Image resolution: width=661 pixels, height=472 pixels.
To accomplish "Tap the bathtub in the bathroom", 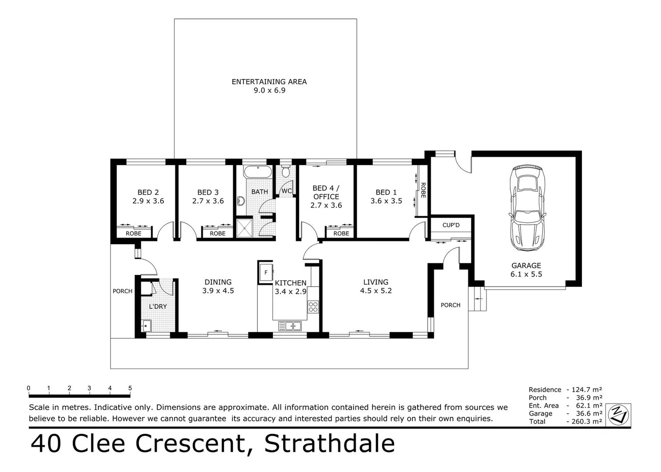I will coord(257,172).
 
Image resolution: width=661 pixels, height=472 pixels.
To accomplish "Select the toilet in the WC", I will coord(286,171).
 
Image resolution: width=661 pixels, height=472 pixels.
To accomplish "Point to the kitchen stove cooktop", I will coord(313,307).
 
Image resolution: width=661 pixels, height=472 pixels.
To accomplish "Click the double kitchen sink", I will coord(290,326).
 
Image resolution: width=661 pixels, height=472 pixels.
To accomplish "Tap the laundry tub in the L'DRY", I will coord(146,326).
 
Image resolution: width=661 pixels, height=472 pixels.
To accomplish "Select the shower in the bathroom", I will coord(245,228).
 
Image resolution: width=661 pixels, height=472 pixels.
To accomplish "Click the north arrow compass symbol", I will coord(619,414).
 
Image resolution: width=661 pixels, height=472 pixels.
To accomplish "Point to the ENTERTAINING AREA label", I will coord(269,82).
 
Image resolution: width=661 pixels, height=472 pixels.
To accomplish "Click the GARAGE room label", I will coord(526,265).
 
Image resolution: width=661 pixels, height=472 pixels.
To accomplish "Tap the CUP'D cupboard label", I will coord(451,225).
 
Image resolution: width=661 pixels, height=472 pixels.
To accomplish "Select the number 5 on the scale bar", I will coord(130,388).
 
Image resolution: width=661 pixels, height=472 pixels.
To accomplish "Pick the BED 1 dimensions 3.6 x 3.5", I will coord(386,201).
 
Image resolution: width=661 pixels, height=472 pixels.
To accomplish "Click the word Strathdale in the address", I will coord(329,443).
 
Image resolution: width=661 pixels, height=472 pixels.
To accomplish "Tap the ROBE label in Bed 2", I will coord(134,233).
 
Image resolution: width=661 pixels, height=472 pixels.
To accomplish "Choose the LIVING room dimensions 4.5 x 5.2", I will coord(376,291).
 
